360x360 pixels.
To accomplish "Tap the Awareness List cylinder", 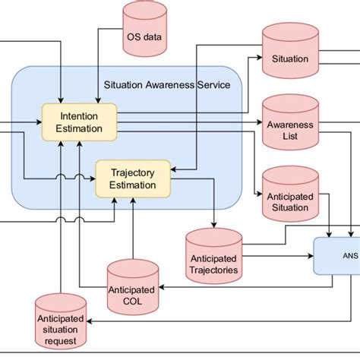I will click(290, 125).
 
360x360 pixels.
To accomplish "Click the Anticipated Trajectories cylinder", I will click(214, 255).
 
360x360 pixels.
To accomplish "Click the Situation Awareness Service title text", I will click(166, 85).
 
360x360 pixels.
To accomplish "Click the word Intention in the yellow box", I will click(80, 117).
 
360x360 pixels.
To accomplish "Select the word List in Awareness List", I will click(289, 137).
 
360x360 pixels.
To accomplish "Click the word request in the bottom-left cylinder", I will click(60, 341).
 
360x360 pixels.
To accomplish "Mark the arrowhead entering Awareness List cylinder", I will click(258, 122).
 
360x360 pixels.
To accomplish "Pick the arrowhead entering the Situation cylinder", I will click(258, 58).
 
